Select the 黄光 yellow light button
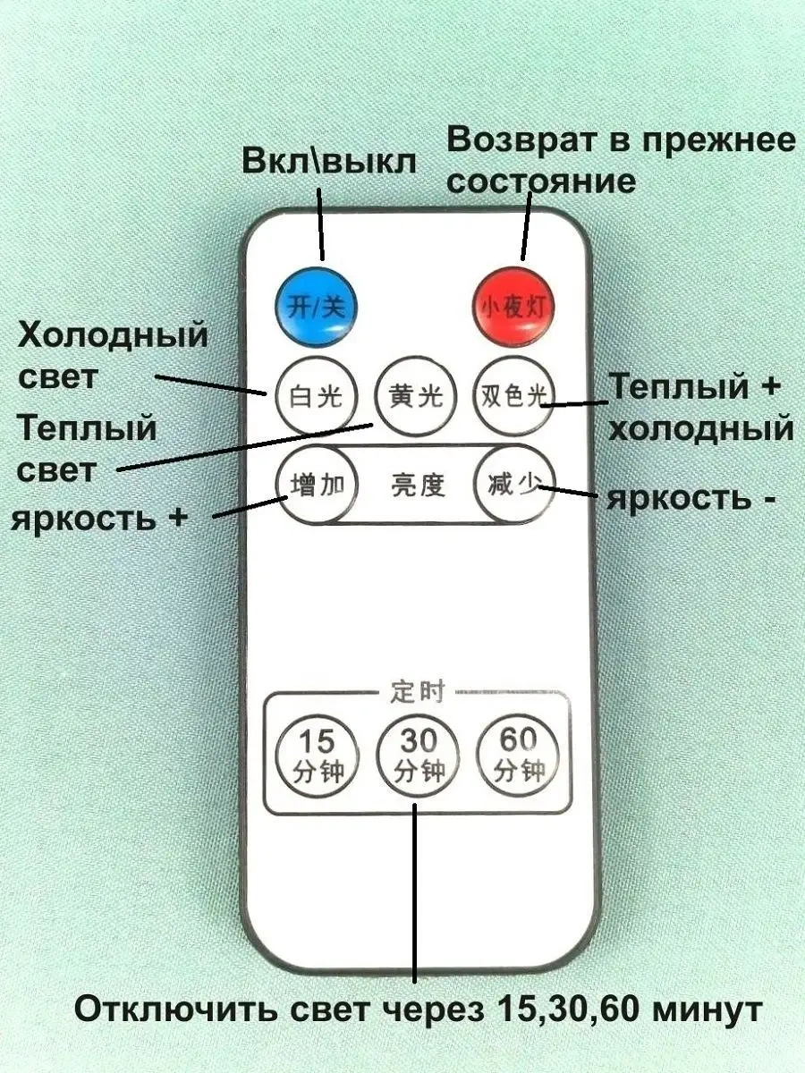(415, 394)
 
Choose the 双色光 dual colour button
(514, 394)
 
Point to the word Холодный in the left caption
(113, 336)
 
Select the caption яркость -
(691, 497)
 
